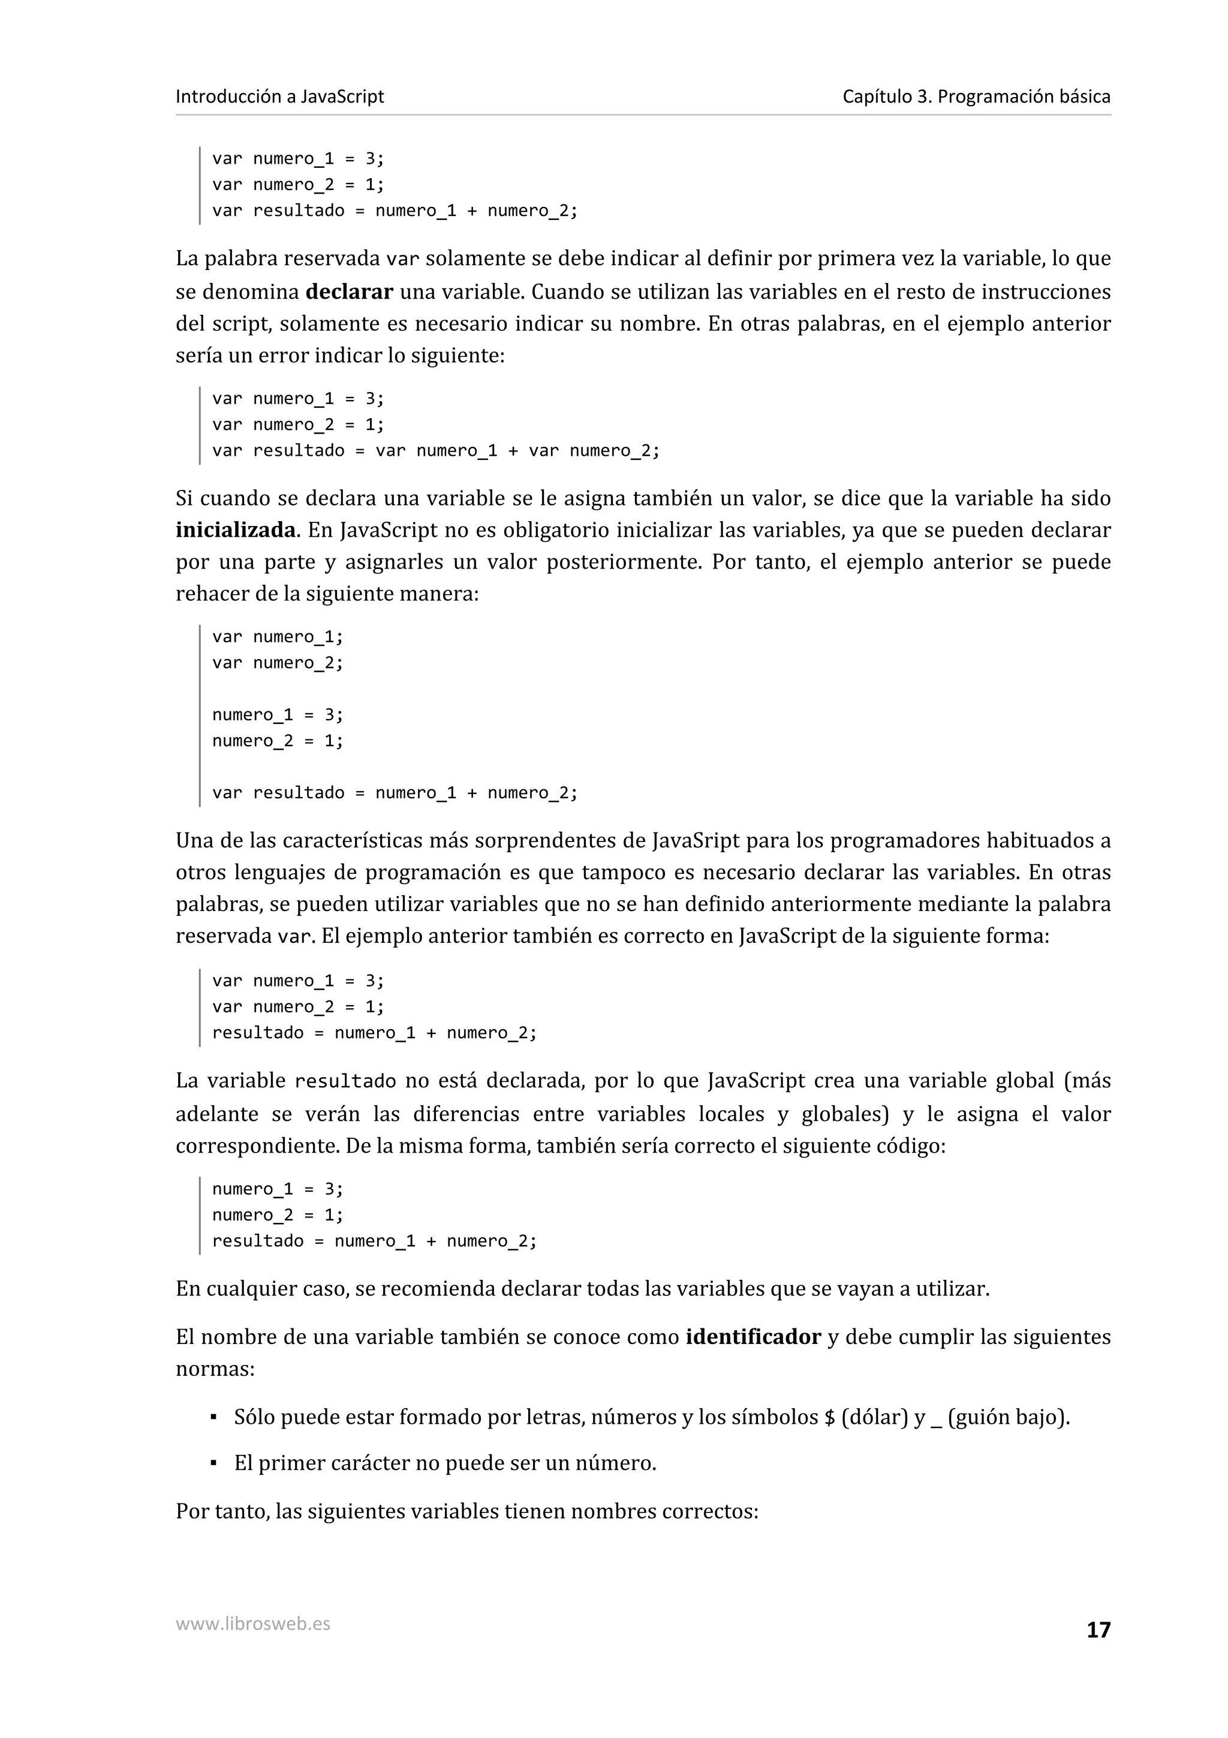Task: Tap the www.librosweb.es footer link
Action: tap(252, 1623)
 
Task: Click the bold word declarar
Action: tap(349, 292)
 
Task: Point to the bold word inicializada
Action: tap(235, 530)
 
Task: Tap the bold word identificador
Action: tap(753, 1337)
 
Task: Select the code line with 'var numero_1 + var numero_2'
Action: tap(435, 451)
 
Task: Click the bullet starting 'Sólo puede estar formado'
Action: tap(651, 1417)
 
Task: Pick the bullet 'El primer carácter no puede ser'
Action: tap(444, 1463)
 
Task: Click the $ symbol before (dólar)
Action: tap(829, 1418)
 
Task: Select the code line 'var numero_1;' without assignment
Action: tap(277, 638)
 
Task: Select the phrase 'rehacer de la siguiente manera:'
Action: tap(327, 594)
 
